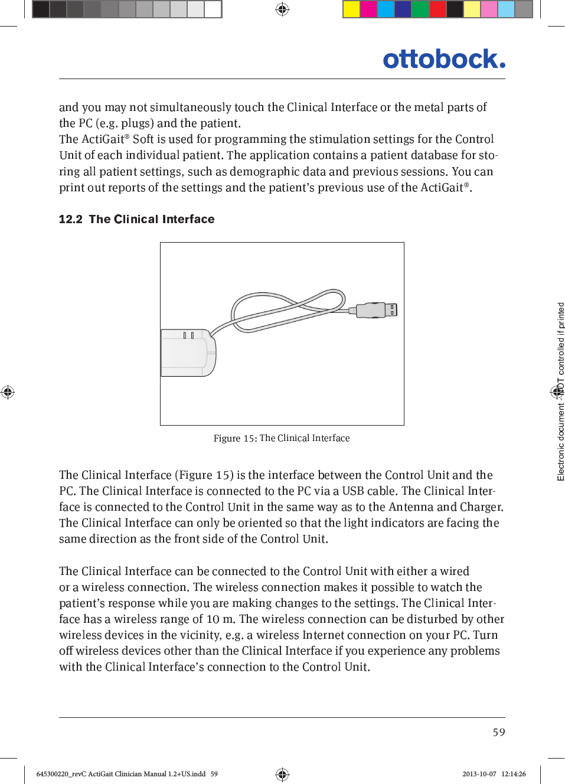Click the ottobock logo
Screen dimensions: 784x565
(x=443, y=60)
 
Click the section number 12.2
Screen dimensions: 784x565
(x=70, y=219)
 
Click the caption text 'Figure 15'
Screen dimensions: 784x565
(x=234, y=438)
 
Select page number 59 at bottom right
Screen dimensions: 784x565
(x=499, y=732)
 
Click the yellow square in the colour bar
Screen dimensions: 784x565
(x=351, y=9)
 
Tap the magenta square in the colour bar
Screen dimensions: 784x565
(x=368, y=9)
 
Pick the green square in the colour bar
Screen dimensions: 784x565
(x=420, y=9)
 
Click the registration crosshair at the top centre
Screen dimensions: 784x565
(x=282, y=9)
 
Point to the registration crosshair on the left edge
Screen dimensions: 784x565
(x=8, y=391)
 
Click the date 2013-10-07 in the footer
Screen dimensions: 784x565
(x=479, y=774)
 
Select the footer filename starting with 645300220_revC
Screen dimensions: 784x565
(x=121, y=774)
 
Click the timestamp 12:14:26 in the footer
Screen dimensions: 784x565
(x=514, y=774)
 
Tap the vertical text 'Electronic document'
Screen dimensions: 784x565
(x=561, y=443)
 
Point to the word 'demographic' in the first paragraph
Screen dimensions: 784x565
(x=264, y=171)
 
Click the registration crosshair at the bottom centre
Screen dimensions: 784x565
(x=282, y=774)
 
